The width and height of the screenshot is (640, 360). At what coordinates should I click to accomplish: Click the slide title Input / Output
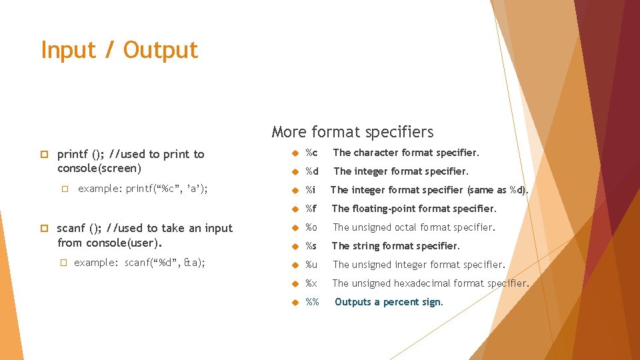[119, 51]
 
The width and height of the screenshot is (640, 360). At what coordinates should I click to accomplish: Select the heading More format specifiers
[353, 132]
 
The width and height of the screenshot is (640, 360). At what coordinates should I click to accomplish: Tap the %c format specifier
[311, 153]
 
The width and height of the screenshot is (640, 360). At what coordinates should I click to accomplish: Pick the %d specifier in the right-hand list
[311, 171]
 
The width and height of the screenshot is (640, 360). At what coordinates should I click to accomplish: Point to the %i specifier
[310, 190]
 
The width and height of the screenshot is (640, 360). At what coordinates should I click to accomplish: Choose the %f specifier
[311, 209]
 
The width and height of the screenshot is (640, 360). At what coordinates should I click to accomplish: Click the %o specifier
[311, 227]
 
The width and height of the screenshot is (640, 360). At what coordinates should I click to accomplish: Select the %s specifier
[311, 246]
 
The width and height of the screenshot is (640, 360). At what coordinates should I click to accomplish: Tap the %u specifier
[311, 265]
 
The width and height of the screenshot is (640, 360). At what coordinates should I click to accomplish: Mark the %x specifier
[311, 283]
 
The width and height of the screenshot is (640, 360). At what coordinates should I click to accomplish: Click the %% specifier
[312, 302]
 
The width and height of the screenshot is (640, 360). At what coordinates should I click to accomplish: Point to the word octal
[407, 227]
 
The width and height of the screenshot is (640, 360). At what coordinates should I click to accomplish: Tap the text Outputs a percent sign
[389, 302]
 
